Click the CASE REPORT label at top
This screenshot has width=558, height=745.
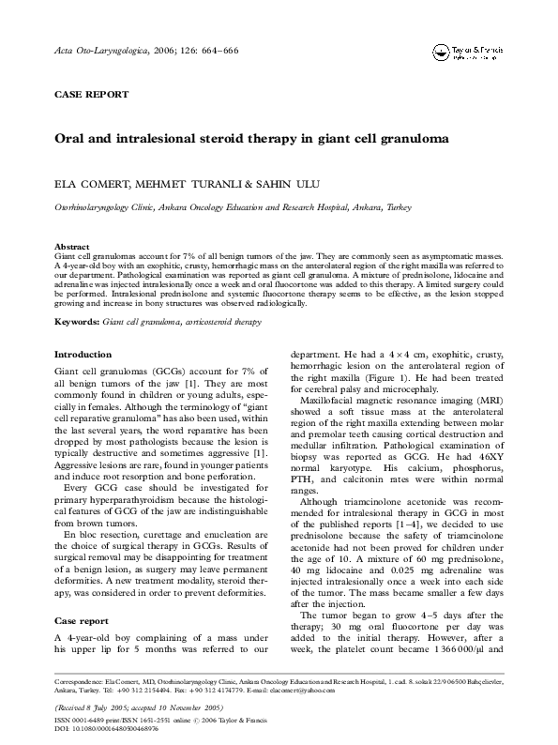click(x=92, y=95)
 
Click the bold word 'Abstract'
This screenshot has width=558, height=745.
click(x=72, y=246)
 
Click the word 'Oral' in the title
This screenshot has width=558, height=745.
click(x=71, y=137)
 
